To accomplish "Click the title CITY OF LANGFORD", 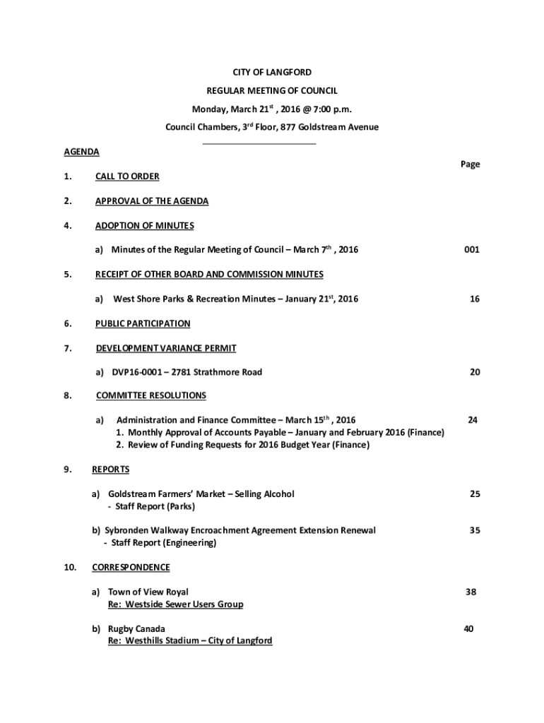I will point(272,73).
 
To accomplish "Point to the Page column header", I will point(470,164).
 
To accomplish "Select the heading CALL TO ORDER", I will point(127,177).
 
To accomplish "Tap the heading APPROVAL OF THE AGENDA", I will point(152,201).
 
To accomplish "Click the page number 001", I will point(472,250).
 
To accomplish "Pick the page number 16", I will point(474,299).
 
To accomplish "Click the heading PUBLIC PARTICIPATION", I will point(143,324).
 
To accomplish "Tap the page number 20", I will point(474,372).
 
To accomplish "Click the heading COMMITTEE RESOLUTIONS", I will point(151,395).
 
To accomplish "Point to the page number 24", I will point(473,420).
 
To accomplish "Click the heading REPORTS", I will point(111,470).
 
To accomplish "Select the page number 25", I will point(475,494).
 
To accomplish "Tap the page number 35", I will point(475,530).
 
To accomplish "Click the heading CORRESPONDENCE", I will point(131,568).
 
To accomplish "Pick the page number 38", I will point(471,592).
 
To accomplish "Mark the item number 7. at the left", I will point(66,348).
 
